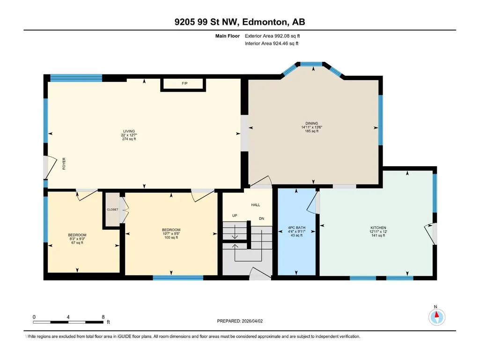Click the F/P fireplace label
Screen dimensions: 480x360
185,83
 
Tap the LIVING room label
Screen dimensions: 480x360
129,132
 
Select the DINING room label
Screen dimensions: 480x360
311,124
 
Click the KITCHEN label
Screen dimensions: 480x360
378,228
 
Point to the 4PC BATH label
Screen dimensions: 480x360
296,228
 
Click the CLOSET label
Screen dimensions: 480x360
112,210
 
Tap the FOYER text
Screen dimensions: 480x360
64,164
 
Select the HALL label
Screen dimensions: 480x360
256,205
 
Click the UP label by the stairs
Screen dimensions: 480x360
235,215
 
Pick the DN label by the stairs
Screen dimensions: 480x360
261,219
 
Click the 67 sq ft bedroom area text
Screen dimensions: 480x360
77,243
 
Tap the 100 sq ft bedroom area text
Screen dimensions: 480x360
171,237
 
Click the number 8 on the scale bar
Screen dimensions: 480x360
103,317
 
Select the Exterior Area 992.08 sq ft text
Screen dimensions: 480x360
272,36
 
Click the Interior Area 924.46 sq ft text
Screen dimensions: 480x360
272,44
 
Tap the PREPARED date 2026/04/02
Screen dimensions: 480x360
252,321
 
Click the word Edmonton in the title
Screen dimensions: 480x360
265,22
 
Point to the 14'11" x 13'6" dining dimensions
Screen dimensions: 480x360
311,127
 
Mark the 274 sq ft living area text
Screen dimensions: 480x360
129,139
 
